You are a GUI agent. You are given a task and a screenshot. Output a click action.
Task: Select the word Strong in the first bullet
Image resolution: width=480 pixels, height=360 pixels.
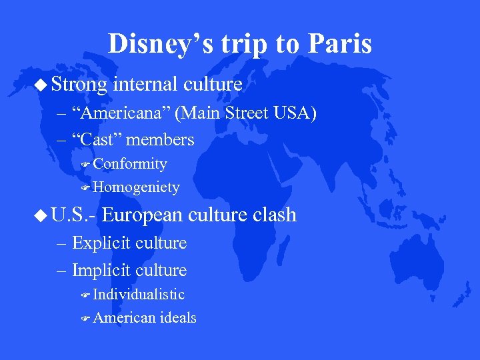79,85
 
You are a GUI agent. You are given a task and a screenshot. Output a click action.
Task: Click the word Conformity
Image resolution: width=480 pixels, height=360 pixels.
130,164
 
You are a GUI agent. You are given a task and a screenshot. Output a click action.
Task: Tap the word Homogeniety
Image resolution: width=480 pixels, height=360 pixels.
137,188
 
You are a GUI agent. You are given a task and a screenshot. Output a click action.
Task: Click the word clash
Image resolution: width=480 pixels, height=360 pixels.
271,215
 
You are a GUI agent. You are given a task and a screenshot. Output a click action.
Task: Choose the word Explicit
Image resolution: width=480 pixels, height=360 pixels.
101,243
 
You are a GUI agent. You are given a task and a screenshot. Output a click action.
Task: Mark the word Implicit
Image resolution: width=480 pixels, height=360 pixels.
101,270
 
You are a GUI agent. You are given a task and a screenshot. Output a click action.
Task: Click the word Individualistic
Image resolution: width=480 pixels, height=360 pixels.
139,295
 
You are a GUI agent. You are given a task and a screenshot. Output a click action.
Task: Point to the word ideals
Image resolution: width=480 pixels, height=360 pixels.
178,319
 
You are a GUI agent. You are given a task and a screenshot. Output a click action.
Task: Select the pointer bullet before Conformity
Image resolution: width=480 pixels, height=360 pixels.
85,165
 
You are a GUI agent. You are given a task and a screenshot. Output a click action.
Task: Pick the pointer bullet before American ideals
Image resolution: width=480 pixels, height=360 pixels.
85,319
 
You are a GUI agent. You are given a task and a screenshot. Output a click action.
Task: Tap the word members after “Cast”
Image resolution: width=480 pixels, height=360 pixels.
160,140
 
